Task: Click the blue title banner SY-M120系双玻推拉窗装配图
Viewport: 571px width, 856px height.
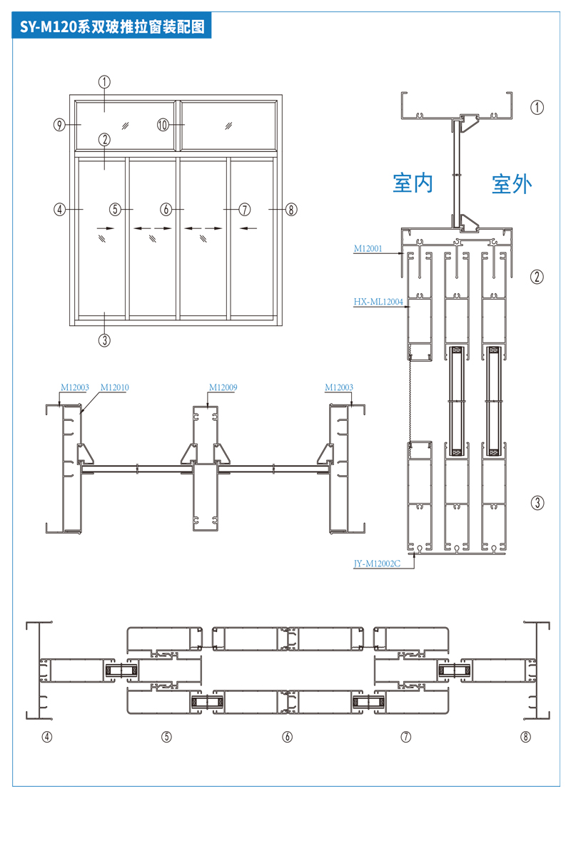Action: [112, 27]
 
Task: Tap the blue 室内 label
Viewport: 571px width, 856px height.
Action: [413, 183]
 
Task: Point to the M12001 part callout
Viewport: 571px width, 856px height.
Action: [369, 249]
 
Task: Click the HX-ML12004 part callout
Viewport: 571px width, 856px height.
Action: [378, 302]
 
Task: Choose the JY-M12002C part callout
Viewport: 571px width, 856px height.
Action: [377, 564]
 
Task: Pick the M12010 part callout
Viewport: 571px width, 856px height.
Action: [114, 388]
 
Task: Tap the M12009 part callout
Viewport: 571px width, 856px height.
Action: [223, 388]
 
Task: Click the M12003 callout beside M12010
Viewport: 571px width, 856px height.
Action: [74, 388]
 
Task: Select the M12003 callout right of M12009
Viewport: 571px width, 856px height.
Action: [338, 388]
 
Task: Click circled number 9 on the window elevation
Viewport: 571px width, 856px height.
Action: [60, 125]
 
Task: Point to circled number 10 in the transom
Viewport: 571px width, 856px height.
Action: [163, 125]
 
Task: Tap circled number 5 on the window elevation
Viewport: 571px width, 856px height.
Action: [116, 210]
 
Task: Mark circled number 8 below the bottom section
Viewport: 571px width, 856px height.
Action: [526, 737]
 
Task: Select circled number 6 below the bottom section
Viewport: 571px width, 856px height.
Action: [288, 737]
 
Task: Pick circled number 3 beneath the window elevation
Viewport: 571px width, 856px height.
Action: [104, 340]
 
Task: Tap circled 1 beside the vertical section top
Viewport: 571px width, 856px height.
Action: [537, 107]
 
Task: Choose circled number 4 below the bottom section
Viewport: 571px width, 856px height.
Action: [47, 737]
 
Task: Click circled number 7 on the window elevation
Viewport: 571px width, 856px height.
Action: [245, 210]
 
